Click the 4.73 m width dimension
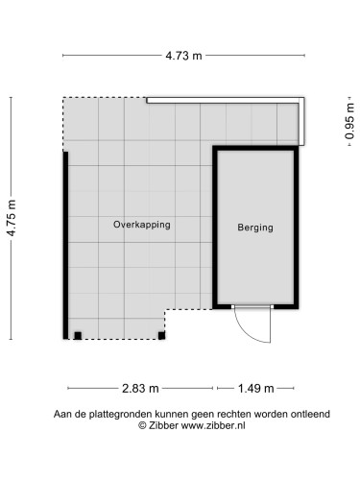tap(182, 55)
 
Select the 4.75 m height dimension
tap(12, 218)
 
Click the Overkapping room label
tap(141, 225)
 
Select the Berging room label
tap(255, 228)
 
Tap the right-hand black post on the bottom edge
tap(160, 335)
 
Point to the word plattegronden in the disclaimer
tap(109, 414)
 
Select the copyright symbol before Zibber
tap(143, 424)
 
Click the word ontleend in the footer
tap(309, 414)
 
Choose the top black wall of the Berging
tap(255, 149)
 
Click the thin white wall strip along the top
tap(226, 98)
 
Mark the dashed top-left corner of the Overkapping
tap(64, 98)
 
